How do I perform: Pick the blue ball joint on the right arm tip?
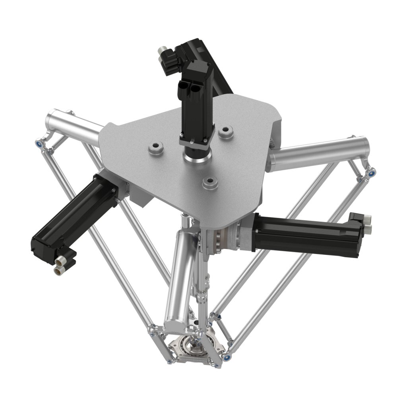(372, 172)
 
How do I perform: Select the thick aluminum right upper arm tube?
(318, 153)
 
